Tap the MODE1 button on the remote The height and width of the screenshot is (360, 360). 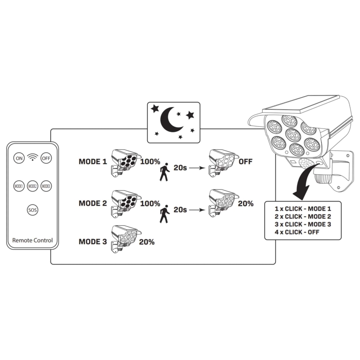tap(19, 186)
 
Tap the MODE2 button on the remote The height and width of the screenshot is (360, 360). tap(32, 186)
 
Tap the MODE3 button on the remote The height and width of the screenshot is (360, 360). tap(46, 186)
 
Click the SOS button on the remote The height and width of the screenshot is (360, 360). tap(32, 210)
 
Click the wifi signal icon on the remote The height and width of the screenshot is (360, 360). tap(32, 157)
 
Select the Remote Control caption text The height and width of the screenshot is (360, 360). tap(32, 240)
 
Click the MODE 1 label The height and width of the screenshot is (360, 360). tap(93, 161)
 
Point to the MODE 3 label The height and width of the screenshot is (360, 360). tap(93, 242)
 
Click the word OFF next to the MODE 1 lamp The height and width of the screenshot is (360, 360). tap(246, 161)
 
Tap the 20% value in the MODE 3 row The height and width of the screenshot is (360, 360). tap(147, 242)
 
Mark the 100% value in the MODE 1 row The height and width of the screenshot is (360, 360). tap(150, 161)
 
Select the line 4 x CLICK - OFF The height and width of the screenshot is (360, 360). tap(297, 231)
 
